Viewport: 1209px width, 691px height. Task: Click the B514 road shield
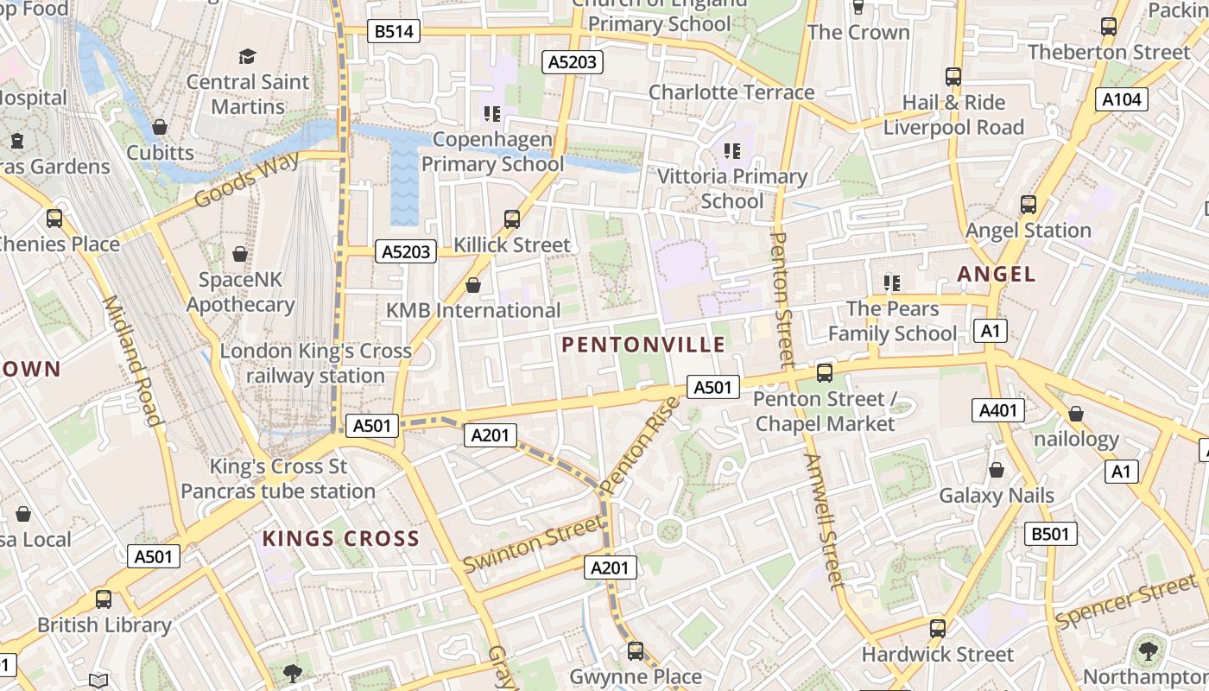point(394,32)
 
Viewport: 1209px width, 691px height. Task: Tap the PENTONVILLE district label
point(643,345)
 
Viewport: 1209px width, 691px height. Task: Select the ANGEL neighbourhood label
point(996,275)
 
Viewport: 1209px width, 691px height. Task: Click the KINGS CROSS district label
point(340,539)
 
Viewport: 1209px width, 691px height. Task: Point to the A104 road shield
point(1122,99)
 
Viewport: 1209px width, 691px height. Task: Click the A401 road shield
point(997,410)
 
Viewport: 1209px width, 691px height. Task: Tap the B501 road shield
point(1050,534)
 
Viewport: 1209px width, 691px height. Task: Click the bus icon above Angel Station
point(1028,205)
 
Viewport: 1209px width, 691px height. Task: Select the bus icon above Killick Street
point(512,219)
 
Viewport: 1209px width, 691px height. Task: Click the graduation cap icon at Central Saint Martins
point(248,56)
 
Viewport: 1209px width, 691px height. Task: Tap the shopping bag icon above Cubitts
point(160,128)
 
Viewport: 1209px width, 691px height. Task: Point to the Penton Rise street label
point(640,446)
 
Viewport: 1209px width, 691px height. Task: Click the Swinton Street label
point(532,543)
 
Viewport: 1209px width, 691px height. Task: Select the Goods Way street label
point(246,180)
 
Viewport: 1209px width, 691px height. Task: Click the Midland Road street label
point(132,360)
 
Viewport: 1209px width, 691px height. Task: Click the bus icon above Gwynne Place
point(636,650)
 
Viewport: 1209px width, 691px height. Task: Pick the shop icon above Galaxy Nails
point(997,470)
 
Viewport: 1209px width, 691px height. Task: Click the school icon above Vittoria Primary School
point(732,151)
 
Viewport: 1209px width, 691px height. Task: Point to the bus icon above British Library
point(104,599)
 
